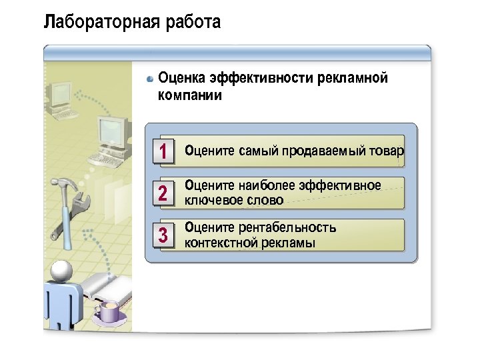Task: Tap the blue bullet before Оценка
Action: click(x=151, y=79)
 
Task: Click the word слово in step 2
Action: click(x=262, y=200)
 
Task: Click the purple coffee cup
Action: click(x=109, y=310)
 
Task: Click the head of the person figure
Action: click(x=61, y=270)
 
